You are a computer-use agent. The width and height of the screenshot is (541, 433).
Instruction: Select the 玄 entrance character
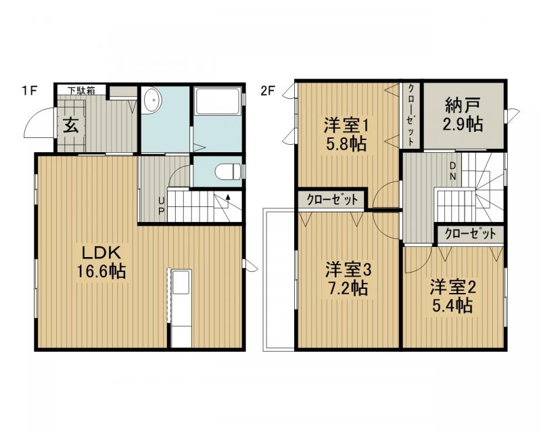tap(70, 124)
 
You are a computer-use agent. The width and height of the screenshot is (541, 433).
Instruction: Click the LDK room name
tap(101, 253)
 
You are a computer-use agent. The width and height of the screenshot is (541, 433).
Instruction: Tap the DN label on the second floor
tap(453, 173)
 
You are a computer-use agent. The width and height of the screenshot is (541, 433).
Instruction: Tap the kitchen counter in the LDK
tap(181, 308)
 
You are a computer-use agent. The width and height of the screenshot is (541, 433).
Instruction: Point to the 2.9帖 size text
tap(463, 124)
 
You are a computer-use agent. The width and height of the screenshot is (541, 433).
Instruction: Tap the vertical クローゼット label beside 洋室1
tap(410, 114)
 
